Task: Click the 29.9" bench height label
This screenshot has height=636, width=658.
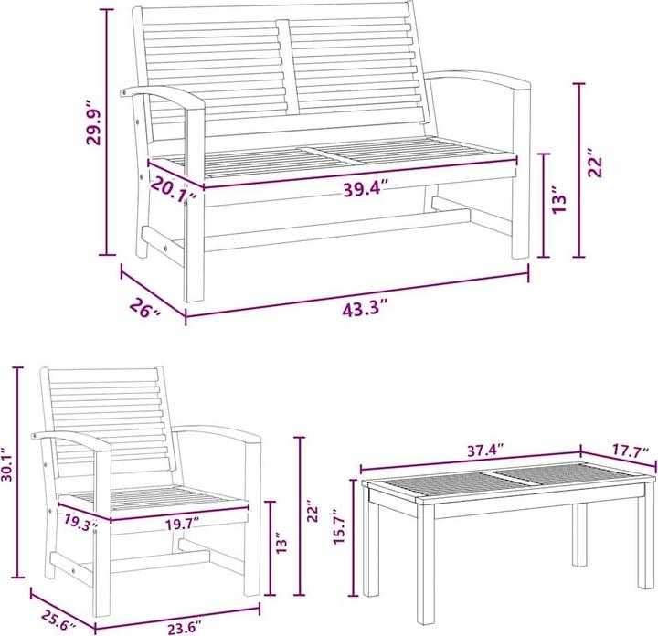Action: pyautogui.click(x=93, y=122)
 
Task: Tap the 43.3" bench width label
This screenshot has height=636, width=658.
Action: pyautogui.click(x=365, y=310)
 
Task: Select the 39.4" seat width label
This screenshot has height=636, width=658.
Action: pyautogui.click(x=365, y=188)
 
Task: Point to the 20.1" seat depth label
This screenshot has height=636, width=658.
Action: pyautogui.click(x=174, y=188)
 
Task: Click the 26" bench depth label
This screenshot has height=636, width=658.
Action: pyautogui.click(x=144, y=308)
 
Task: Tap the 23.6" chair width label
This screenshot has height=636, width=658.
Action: pyautogui.click(x=185, y=629)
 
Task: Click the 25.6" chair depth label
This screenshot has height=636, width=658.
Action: pyautogui.click(x=58, y=620)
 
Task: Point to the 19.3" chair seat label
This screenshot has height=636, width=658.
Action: pyautogui.click(x=81, y=523)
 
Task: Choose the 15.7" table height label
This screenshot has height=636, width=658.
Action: pyautogui.click(x=339, y=527)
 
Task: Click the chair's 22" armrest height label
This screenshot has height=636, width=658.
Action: pyautogui.click(x=313, y=511)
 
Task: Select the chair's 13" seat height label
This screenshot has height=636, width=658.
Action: pyautogui.click(x=282, y=542)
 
